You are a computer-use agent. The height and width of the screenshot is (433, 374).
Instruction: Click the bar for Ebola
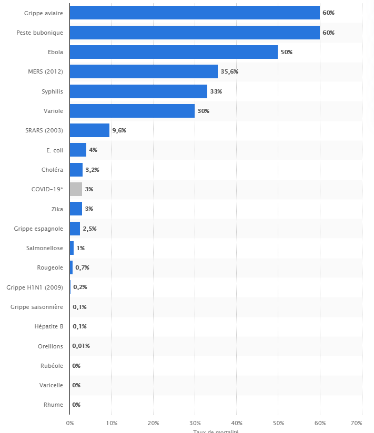point(174,52)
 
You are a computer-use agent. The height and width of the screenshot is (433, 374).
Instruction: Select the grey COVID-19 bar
point(76,189)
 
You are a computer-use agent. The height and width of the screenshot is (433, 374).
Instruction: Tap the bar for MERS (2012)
point(144,71)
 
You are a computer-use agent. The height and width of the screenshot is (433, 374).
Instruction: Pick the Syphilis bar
point(138,91)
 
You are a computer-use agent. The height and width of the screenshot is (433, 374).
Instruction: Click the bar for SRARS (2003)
point(89,130)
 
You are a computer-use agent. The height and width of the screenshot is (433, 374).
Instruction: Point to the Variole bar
point(132,111)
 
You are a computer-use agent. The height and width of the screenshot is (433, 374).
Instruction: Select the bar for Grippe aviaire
point(195,13)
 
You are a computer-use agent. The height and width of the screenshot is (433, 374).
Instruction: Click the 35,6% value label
point(229,71)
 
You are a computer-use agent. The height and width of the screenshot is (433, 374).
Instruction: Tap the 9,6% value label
point(119,130)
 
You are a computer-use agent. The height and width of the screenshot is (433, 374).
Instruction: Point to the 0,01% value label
point(81,346)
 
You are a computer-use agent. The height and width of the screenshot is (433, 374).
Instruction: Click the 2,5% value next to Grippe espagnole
point(89,229)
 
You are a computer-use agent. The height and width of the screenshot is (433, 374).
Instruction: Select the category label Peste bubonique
point(40,33)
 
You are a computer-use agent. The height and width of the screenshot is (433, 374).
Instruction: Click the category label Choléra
point(52,170)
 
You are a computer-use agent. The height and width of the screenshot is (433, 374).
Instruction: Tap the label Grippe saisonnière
point(37,307)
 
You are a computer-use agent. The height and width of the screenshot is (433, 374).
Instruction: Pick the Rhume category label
point(54,405)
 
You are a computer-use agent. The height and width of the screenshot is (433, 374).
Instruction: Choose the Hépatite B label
point(48,326)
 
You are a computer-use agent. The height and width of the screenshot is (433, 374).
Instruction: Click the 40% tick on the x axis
point(236,422)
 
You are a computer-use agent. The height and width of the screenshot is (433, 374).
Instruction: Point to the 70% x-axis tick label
point(356,422)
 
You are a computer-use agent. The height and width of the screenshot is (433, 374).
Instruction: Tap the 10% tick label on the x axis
point(111,422)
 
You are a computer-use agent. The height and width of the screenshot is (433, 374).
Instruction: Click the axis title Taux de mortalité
point(216,431)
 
